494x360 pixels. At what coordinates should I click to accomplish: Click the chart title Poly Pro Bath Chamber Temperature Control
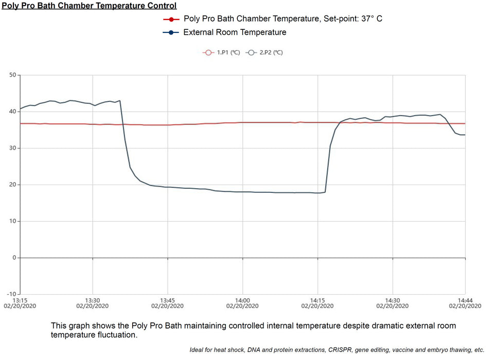point(89,6)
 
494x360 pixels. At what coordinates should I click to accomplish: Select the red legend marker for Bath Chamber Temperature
point(170,19)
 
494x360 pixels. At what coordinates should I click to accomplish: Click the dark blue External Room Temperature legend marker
point(170,32)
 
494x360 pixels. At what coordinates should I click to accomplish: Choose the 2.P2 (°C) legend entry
point(264,52)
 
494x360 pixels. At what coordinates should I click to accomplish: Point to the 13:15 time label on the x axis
point(20,300)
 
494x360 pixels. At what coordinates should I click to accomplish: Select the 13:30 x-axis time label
point(93,300)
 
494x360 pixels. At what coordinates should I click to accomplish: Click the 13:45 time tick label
point(167,300)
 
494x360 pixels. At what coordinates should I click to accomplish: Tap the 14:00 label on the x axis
point(242,300)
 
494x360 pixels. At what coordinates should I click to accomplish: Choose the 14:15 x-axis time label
point(317,300)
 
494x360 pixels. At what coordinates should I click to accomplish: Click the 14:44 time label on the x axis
point(465,300)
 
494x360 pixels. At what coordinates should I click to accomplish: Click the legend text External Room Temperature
point(235,32)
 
